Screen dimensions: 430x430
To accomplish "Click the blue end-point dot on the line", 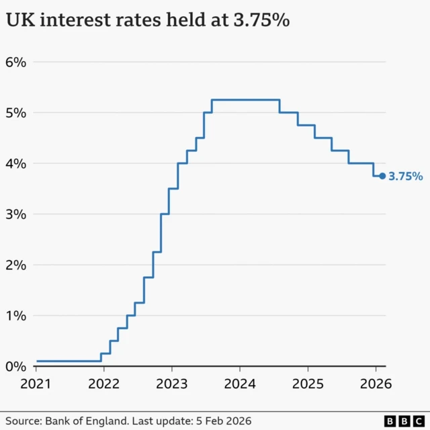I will [382, 176].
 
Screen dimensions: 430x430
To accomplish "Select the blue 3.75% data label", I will [406, 177].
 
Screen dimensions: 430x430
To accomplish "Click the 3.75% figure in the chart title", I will [260, 21].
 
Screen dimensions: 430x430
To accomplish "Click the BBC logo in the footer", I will [402, 421].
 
